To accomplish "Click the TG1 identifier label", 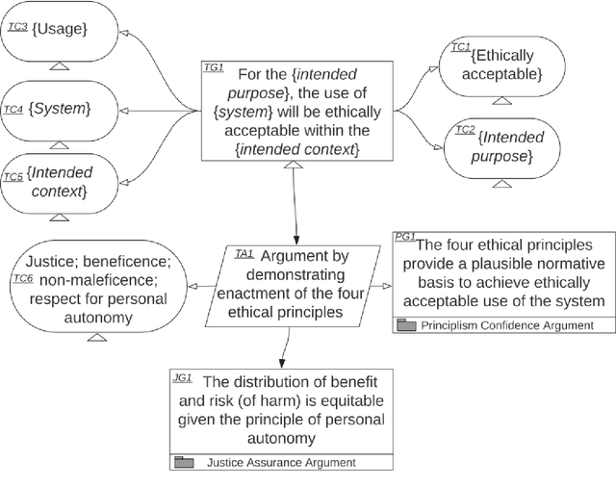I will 214,68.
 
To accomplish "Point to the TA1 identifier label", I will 244,253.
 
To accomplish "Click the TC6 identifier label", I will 21,278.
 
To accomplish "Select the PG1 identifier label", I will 405,237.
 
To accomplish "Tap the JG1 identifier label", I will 183,378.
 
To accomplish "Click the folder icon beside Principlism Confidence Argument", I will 407,325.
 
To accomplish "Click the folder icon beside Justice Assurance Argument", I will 184,462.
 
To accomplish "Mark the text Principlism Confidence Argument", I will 507,325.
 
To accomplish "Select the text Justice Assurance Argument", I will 281,462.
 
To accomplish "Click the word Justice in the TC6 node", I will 49,261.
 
